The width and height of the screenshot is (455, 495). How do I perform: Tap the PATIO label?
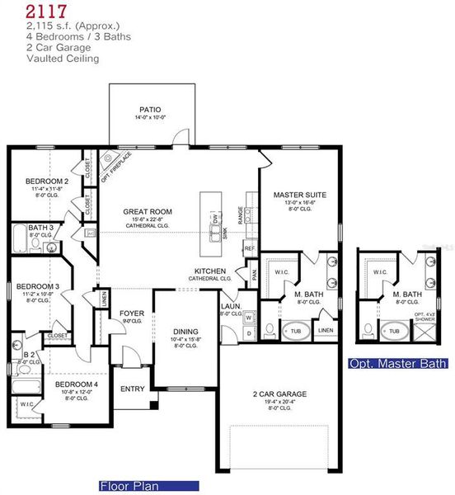click(x=149, y=109)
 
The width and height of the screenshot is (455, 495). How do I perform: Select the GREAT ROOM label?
click(x=147, y=211)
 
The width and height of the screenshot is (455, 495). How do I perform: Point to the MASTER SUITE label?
click(x=299, y=195)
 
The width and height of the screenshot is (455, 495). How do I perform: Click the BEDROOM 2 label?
click(x=47, y=180)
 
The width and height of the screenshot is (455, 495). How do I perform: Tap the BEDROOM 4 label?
click(x=77, y=384)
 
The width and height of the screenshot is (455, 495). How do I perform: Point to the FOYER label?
click(x=132, y=313)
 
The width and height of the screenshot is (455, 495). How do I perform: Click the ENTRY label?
click(x=132, y=389)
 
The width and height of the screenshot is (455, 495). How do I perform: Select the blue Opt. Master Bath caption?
click(x=398, y=363)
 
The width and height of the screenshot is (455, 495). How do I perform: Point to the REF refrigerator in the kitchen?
click(x=248, y=248)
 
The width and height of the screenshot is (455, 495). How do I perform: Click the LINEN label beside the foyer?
click(x=103, y=301)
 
